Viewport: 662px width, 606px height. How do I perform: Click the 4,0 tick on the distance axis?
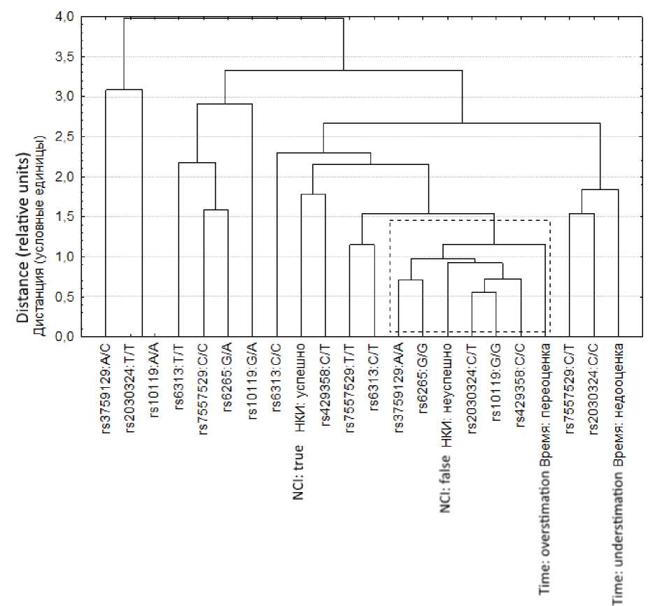[64, 17]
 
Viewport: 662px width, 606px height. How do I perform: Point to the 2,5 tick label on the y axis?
[64, 137]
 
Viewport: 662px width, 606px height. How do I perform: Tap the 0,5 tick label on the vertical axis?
[64, 297]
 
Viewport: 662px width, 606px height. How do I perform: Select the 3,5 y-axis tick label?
[64, 57]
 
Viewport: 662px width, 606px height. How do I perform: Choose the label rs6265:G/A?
[228, 382]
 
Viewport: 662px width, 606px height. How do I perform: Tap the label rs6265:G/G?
[423, 382]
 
